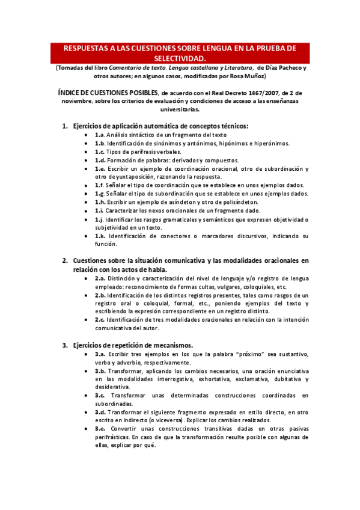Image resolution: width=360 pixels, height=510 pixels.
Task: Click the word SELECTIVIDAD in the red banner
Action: (180, 58)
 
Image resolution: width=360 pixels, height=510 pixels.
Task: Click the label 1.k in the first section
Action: (100, 236)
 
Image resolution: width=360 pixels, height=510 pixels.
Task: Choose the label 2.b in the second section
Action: (101, 296)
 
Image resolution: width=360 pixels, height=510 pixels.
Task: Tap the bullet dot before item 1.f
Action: (88, 186)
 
